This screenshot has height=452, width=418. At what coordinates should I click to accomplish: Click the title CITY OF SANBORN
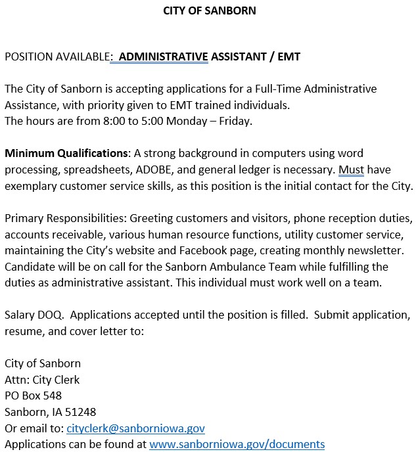pyautogui.click(x=209, y=11)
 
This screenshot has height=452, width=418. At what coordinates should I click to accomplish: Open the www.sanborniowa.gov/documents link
pyautogui.click(x=237, y=444)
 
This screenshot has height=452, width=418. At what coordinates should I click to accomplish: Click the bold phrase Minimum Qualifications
pyautogui.click(x=66, y=154)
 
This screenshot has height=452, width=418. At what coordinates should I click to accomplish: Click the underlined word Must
pyautogui.click(x=351, y=169)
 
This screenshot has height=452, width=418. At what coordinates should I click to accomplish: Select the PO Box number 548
pyautogui.click(x=52, y=395)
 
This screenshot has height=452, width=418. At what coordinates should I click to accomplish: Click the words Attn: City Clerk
pyautogui.click(x=42, y=380)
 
